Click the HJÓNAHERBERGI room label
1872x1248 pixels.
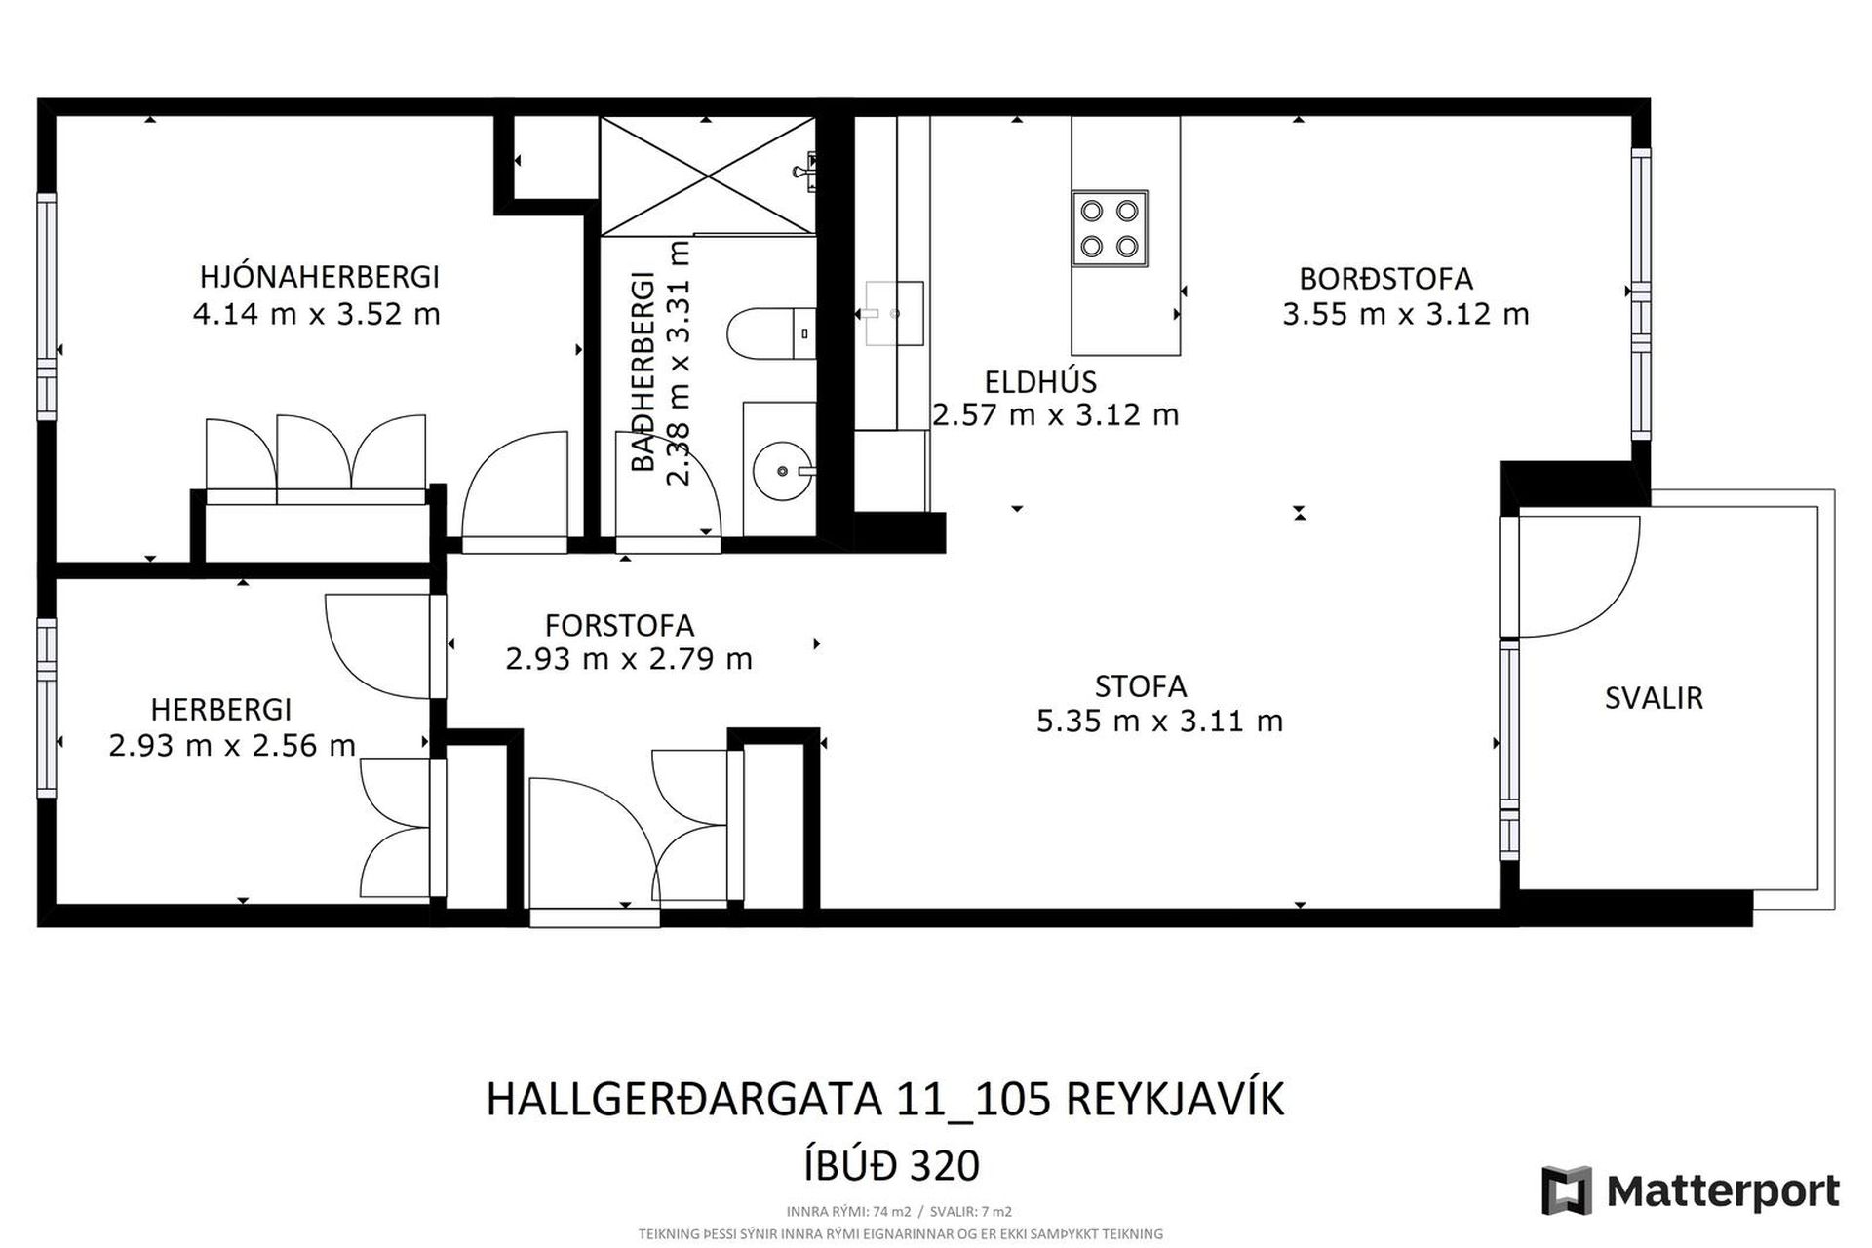(x=320, y=277)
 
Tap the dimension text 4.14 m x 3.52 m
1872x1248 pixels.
(x=317, y=315)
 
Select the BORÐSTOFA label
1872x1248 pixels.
(x=1385, y=279)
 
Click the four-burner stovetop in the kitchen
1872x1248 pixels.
(x=1110, y=228)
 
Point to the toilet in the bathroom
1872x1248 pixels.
(x=771, y=332)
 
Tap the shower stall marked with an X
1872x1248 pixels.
(x=707, y=175)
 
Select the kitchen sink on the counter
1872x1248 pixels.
(x=894, y=314)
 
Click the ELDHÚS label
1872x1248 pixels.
(x=1040, y=382)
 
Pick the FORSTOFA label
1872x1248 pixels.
(x=620, y=625)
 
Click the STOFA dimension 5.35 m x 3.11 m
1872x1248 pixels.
(x=1159, y=721)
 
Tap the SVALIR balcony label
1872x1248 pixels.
(x=1654, y=698)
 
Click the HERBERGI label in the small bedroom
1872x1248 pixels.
(x=221, y=709)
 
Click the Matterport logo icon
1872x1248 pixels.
(x=1567, y=1190)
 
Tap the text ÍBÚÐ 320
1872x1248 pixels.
(x=891, y=1165)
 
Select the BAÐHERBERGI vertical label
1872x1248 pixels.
(x=643, y=373)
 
